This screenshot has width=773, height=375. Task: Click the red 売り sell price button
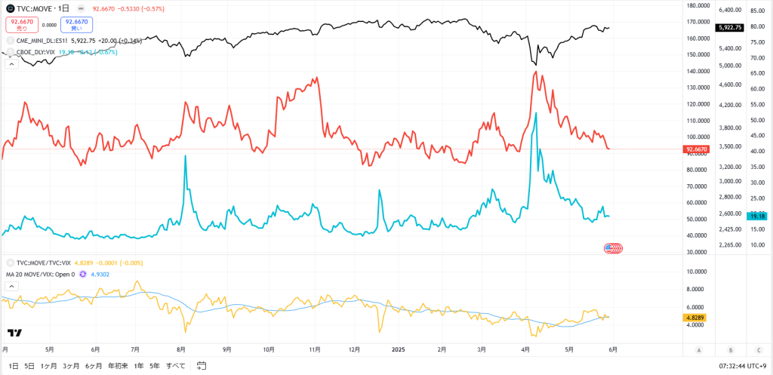pos(22,25)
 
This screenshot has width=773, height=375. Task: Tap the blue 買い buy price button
pos(77,25)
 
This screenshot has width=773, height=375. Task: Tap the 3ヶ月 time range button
pos(72,365)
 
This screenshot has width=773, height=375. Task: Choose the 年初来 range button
pos(119,365)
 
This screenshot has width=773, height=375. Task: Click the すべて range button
pos(175,365)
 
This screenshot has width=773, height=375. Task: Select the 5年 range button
pos(155,365)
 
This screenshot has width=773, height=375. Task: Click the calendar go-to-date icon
pos(202,365)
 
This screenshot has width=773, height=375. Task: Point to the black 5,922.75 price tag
pos(730,27)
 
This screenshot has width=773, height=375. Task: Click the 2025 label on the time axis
pos(399,349)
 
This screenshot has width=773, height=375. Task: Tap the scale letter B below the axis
pos(730,349)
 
